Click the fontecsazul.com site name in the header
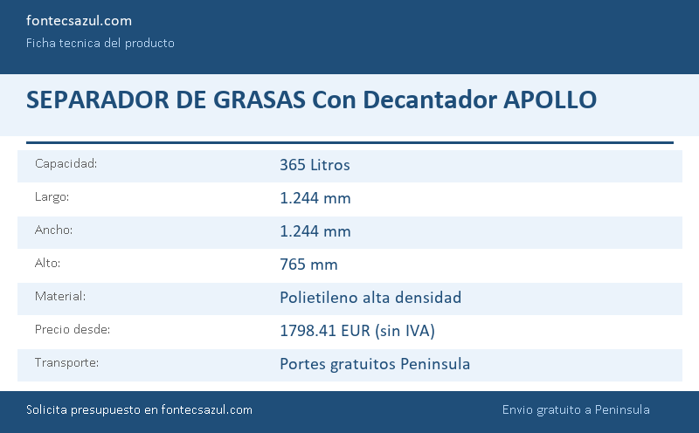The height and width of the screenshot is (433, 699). (x=79, y=20)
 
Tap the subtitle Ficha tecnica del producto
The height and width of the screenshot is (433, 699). (x=100, y=43)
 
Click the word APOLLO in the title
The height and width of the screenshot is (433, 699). (x=550, y=100)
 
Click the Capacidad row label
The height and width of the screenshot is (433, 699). (x=66, y=163)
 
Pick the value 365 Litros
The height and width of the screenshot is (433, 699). (x=315, y=165)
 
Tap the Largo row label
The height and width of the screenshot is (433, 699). (x=52, y=197)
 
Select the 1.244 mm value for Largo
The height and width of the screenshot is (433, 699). (x=315, y=198)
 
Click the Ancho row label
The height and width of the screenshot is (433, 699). (x=53, y=230)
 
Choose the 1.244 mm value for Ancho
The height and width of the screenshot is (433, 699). (x=315, y=231)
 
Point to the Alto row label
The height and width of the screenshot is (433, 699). (x=47, y=263)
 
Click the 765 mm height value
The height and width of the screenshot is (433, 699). (x=308, y=265)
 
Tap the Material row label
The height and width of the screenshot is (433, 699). (x=60, y=296)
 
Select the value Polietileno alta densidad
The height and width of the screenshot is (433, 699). (x=370, y=298)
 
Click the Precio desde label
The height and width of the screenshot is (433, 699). (x=73, y=329)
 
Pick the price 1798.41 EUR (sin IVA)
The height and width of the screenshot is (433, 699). (x=357, y=331)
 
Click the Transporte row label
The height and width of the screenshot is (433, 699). (x=66, y=362)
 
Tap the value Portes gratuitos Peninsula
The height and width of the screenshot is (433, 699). (x=375, y=364)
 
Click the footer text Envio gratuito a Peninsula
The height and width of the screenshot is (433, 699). (x=576, y=409)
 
